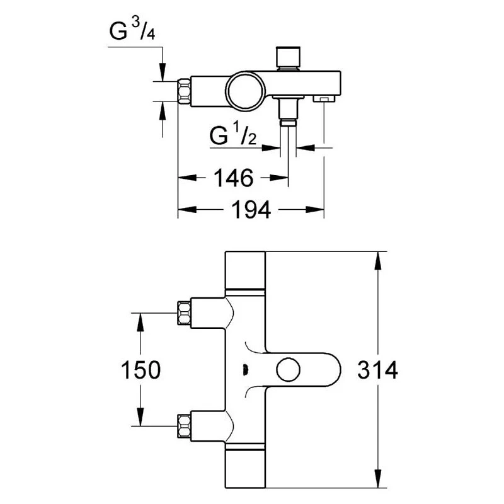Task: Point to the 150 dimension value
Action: [x=139, y=370]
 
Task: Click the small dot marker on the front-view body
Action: [x=245, y=370]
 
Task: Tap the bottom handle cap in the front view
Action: [x=244, y=469]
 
